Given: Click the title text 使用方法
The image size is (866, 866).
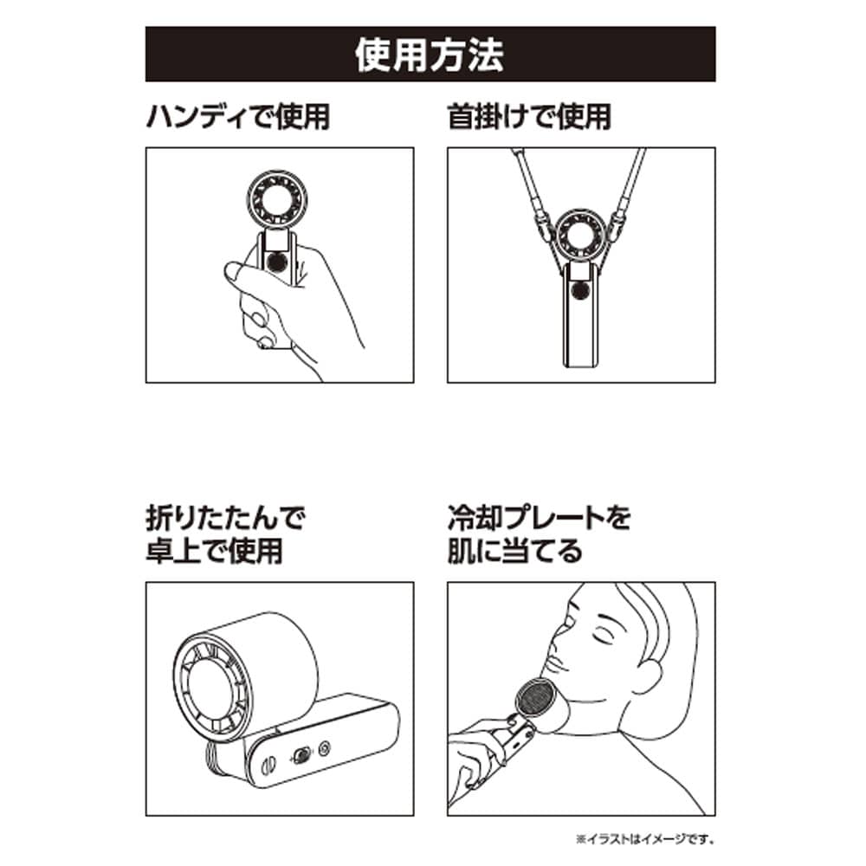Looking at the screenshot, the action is (430, 54).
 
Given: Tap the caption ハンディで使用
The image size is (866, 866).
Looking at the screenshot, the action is (238, 117).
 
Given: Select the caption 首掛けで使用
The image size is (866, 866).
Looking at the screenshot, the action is (529, 117).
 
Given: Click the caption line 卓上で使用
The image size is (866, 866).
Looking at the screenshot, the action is (214, 551).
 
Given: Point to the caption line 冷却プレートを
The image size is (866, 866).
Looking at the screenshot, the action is (539, 518).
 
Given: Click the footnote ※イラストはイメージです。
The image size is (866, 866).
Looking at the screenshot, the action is (645, 839).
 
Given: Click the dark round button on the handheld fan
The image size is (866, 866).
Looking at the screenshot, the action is (275, 262).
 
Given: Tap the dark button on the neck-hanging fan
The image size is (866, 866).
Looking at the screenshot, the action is (580, 289).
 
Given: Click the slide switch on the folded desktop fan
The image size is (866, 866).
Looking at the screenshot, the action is (301, 755).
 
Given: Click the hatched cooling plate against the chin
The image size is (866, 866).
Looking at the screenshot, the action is (534, 700).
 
